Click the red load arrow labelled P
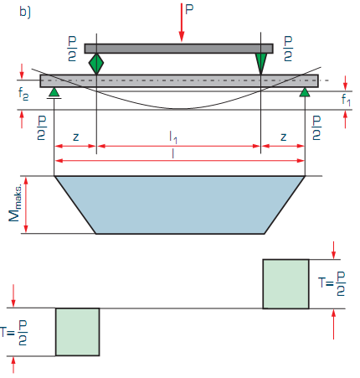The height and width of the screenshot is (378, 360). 182,23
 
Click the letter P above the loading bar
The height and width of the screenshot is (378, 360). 189,9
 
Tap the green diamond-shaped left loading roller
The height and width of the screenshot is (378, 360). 96,64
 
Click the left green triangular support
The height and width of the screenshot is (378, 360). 54,93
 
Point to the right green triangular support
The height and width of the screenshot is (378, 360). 305,92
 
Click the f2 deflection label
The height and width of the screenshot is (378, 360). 23,94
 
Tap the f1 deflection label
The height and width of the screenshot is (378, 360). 346,100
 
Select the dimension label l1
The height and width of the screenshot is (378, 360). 173,137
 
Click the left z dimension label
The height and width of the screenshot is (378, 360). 75,137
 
